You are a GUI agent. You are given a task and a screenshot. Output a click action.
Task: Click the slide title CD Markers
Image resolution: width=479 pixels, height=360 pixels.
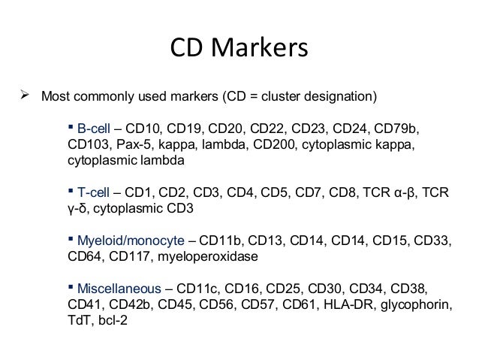[x=239, y=50]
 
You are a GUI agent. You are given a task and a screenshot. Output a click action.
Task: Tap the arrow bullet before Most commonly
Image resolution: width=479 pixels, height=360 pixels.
[x=23, y=96]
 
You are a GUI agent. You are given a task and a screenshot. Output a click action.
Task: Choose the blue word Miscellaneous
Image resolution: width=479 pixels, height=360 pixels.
[x=119, y=289]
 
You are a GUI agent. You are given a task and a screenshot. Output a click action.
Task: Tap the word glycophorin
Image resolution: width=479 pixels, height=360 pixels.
[x=418, y=306]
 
